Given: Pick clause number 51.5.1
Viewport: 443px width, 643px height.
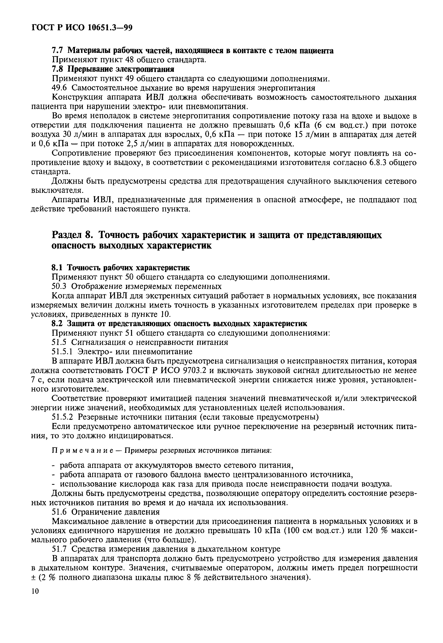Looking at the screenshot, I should click(x=62, y=352).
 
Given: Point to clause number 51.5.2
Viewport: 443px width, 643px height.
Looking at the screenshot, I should click(x=63, y=417).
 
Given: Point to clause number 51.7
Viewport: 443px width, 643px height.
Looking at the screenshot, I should click(x=60, y=549).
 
